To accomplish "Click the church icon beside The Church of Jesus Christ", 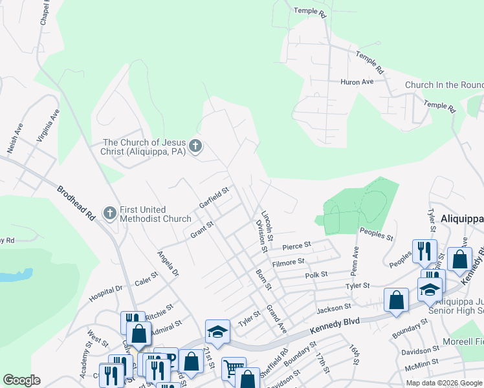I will pos(196,147).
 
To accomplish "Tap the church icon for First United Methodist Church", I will pos(111,212).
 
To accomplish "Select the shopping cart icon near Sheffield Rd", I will pos(233,369).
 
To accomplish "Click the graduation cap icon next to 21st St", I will pos(217,332).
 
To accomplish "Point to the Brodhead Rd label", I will pos(76,204).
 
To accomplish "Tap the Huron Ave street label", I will pos(357,82).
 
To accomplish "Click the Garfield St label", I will pos(215,198).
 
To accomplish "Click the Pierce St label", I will pos(296,246).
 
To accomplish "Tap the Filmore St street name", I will pos(288,262).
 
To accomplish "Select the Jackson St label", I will pos(334,307).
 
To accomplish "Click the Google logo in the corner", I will pos(21,380).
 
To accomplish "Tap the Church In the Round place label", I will pos(444,85).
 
